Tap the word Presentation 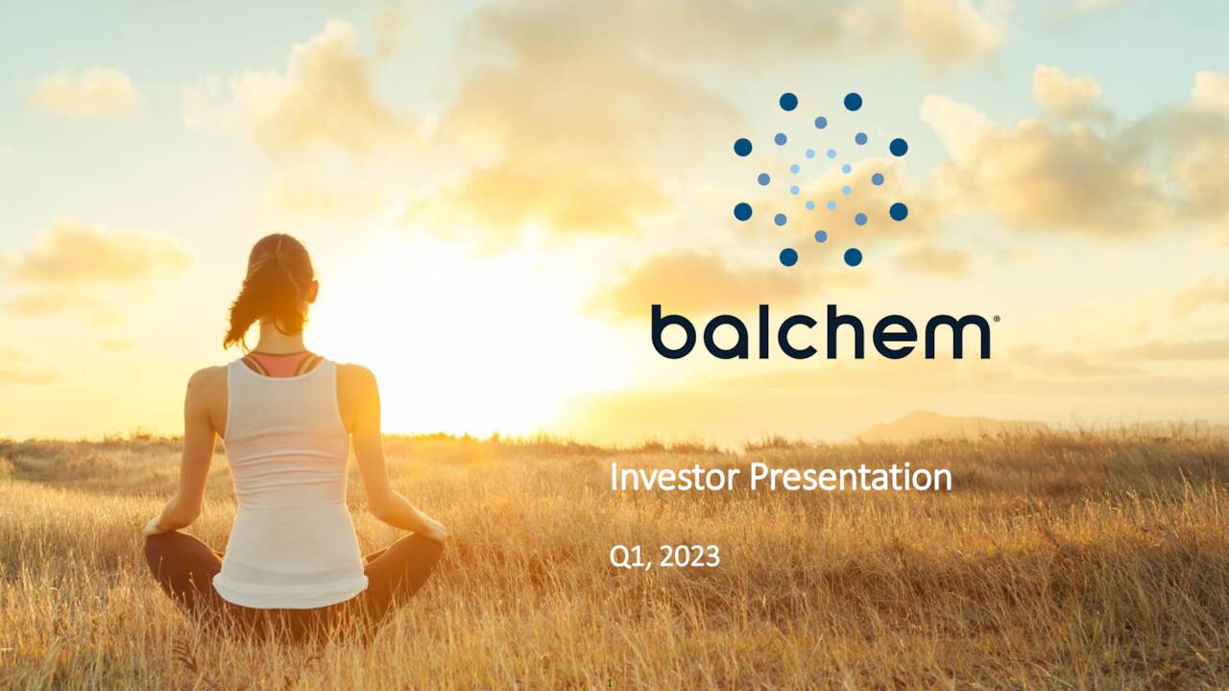pos(847,477)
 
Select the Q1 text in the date pos(626,556)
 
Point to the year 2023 pos(689,556)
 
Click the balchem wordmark pos(821,331)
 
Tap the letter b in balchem pos(670,331)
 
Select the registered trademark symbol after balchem pos(996,320)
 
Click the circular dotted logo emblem pos(820,179)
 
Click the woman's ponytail pos(246,307)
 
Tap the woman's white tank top pos(288,480)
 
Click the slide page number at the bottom pos(610,683)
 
